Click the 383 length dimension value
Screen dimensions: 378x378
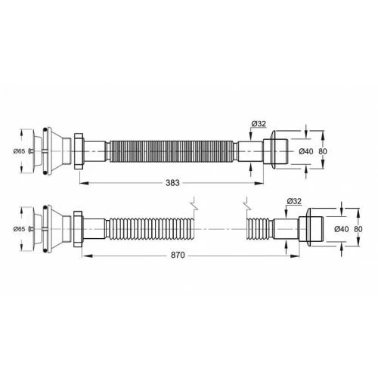(x=172, y=183)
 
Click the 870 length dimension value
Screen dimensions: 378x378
(x=178, y=255)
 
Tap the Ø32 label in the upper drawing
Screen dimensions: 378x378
(x=259, y=124)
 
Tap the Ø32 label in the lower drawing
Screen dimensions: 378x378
(x=294, y=201)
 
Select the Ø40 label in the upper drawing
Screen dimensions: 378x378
(x=306, y=151)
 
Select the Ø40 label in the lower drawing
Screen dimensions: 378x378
(x=342, y=229)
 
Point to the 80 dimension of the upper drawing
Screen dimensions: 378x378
(x=323, y=151)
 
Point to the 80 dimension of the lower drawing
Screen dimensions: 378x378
(x=358, y=229)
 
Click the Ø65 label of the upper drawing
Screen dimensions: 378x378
(x=19, y=151)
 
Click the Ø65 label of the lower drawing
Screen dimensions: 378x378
(x=19, y=229)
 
